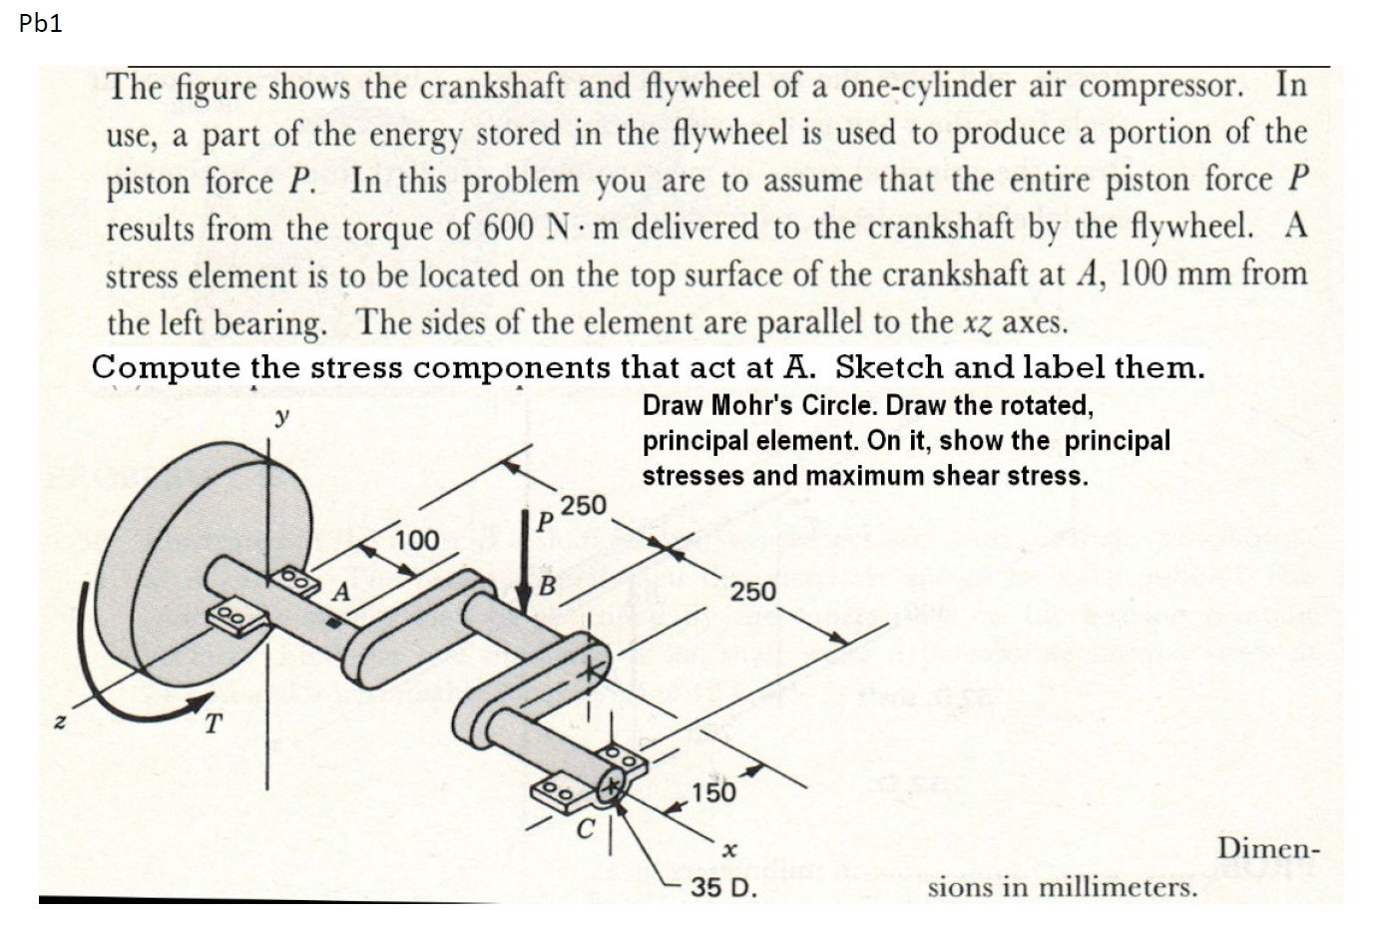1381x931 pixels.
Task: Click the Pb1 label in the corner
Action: click(40, 24)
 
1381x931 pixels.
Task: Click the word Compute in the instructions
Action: click(166, 367)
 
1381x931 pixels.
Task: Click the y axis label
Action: click(282, 418)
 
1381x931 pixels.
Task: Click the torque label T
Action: click(212, 723)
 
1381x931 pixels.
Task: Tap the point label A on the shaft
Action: click(341, 591)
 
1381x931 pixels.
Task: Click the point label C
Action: click(588, 827)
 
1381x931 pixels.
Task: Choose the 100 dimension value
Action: click(416, 541)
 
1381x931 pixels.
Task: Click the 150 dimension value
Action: click(714, 792)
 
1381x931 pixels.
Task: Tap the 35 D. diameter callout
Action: click(723, 887)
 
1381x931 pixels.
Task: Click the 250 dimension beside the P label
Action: click(584, 506)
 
